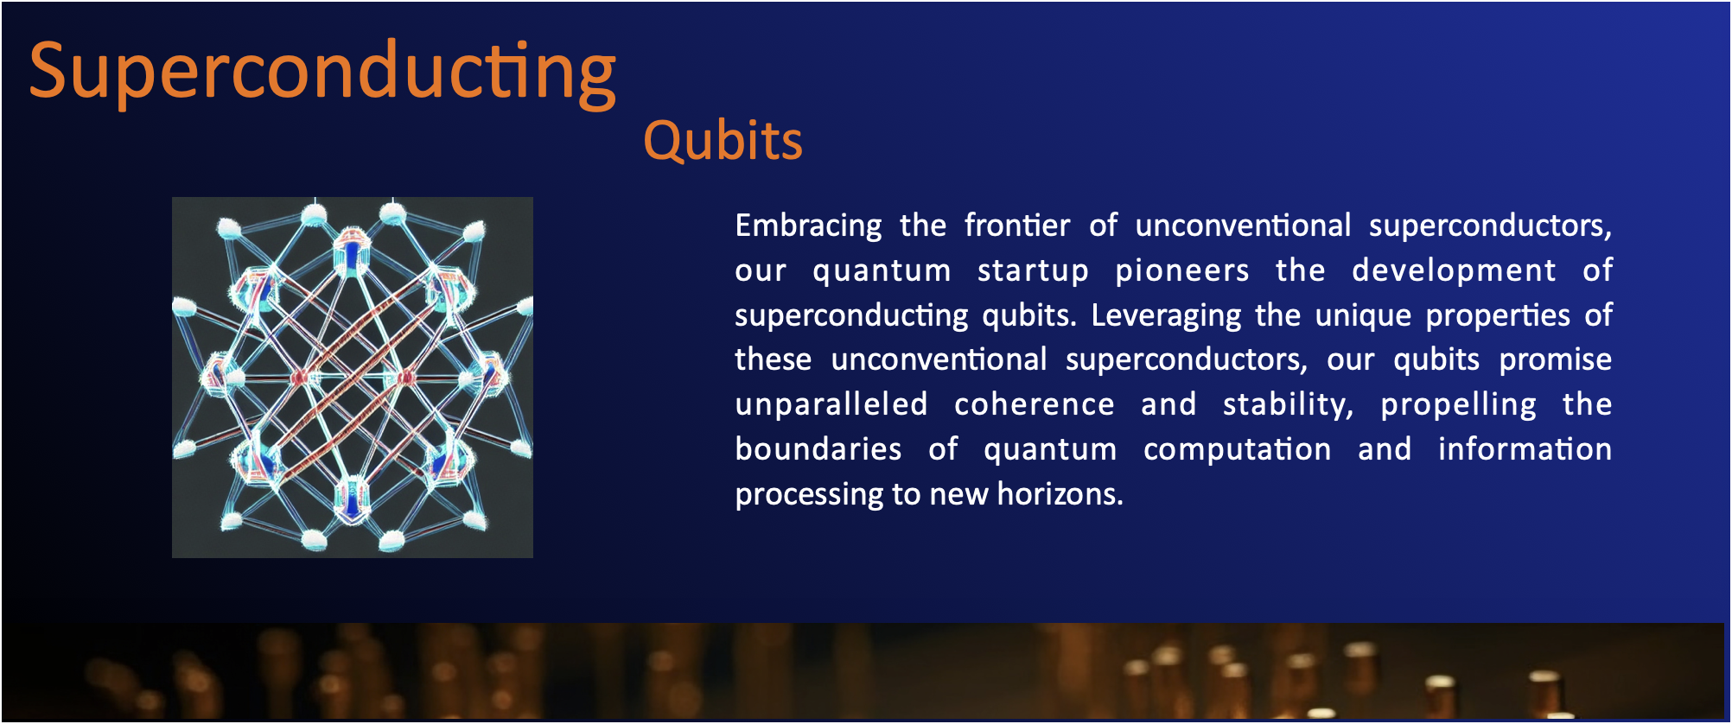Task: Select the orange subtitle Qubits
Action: point(723,141)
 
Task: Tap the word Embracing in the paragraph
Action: point(808,226)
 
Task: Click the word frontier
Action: point(1017,225)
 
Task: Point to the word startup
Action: point(1033,271)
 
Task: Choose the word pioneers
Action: point(1182,271)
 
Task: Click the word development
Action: point(1454,271)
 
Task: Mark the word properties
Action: point(1498,316)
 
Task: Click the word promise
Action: point(1556,360)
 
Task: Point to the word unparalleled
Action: point(831,404)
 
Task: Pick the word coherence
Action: point(1035,404)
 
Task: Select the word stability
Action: point(1288,405)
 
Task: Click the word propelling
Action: point(1459,405)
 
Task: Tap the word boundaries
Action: point(818,449)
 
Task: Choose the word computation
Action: point(1237,450)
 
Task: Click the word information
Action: point(1525,449)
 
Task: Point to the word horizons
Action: point(1060,494)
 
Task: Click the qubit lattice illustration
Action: point(353,378)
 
